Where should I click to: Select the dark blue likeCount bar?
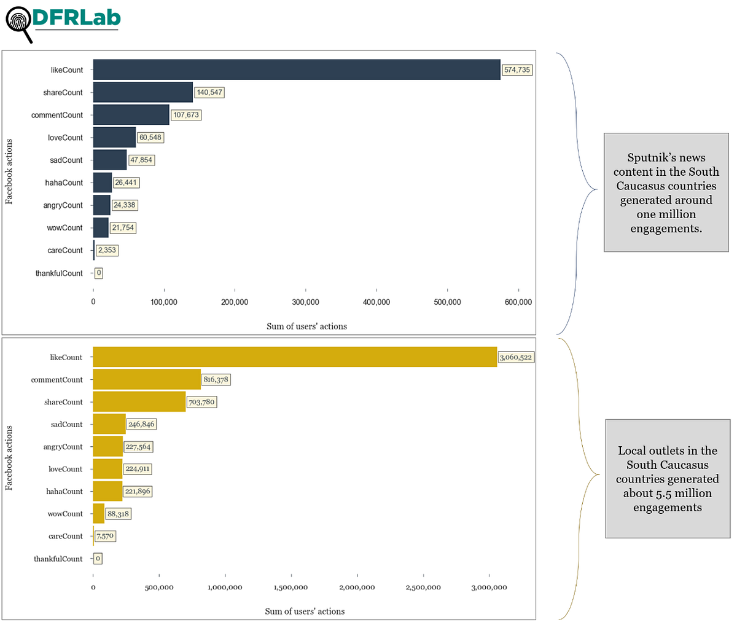point(296,70)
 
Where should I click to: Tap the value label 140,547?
point(209,93)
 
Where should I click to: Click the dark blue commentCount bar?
point(131,115)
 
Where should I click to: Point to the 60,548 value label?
point(150,138)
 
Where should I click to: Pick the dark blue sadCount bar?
point(109,160)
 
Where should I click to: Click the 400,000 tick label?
point(376,302)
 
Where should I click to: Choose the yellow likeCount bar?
point(295,357)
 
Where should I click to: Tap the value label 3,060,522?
point(515,357)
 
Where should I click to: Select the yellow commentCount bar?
point(147,380)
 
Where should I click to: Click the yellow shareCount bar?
point(139,402)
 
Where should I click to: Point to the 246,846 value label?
point(141,424)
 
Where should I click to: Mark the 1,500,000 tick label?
point(291,588)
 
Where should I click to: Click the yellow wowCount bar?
point(98,514)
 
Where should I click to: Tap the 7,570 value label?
point(104,536)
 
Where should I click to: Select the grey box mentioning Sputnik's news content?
point(666,193)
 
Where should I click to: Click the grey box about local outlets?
point(667,479)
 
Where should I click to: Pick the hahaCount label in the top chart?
point(64,183)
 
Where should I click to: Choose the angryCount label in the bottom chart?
point(63,447)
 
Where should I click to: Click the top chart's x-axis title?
point(306,326)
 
